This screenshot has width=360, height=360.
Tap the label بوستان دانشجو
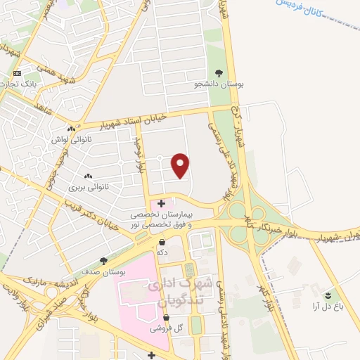pos(219,84)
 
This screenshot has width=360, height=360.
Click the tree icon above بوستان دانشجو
pos(219,73)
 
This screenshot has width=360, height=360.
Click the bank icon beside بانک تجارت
pos(18,73)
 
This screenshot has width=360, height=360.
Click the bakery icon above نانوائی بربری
pos(88,176)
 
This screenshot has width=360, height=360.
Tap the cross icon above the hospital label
pos(162,203)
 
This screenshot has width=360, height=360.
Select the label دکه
pos(162,252)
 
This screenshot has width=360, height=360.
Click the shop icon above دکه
pos(162,242)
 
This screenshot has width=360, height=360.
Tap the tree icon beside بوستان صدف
pos(104,261)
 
